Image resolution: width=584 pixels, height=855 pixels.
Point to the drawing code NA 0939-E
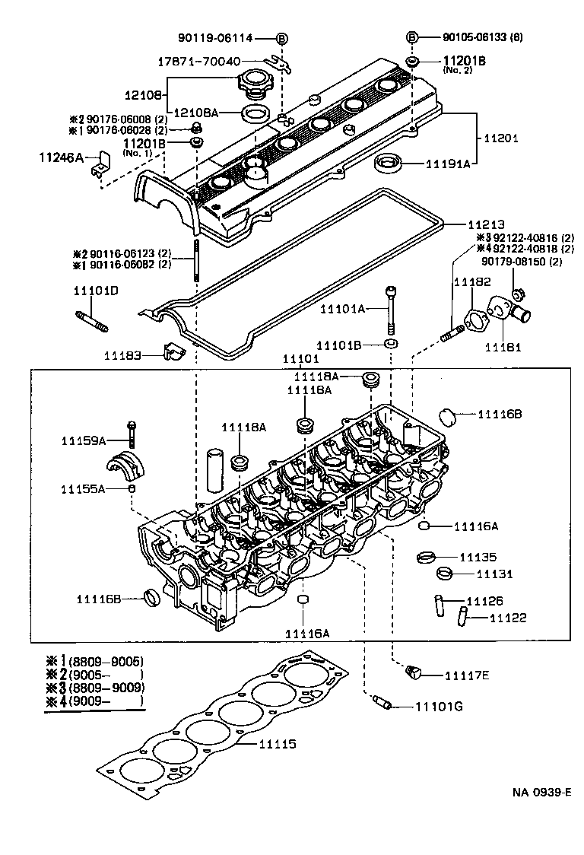click(541, 792)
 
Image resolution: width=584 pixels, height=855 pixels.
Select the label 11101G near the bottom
click(439, 707)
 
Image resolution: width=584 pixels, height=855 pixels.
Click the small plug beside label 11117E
click(414, 671)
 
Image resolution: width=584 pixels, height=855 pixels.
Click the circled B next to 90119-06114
click(281, 38)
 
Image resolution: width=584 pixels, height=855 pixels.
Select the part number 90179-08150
click(511, 261)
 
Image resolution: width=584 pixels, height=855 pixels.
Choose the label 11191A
click(447, 163)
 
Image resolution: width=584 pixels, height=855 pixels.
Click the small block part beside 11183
click(174, 352)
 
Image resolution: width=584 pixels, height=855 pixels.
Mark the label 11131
click(495, 574)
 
